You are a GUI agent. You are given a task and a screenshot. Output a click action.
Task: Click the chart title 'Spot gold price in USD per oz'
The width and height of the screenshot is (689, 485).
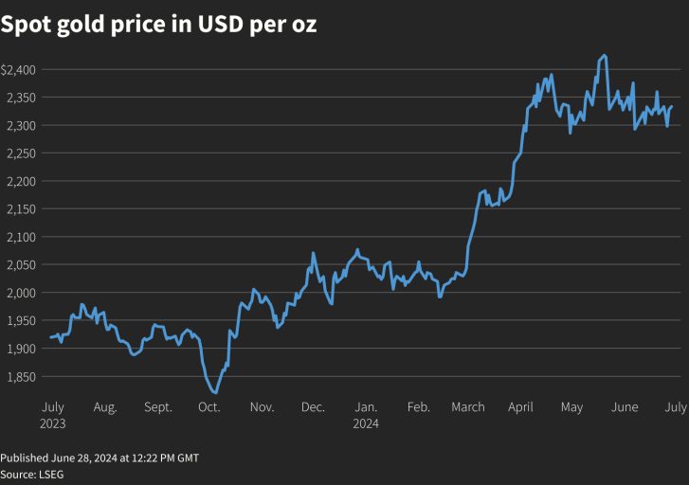coord(158,26)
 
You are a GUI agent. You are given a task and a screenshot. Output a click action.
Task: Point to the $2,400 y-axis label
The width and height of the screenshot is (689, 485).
coord(19,70)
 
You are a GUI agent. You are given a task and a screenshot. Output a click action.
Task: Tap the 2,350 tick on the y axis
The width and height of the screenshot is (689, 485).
coord(19,98)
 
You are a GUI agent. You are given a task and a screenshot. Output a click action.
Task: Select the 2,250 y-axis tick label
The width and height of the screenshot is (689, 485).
coord(19,153)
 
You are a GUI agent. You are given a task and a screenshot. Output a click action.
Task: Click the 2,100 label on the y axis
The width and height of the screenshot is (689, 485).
coord(19,237)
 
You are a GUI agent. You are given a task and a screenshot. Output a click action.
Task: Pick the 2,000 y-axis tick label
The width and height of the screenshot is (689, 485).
coord(19,293)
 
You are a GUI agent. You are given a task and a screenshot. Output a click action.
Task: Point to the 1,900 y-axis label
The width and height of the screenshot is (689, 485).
coord(19,349)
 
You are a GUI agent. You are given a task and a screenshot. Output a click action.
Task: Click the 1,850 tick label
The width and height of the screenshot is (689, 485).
coord(19,376)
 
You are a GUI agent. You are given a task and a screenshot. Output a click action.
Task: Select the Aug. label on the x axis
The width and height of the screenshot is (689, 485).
coord(105,407)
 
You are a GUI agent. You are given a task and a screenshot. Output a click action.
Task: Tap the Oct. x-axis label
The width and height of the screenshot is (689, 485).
coord(209,407)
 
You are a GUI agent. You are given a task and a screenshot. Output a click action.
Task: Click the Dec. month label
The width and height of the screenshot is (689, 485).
coord(313,407)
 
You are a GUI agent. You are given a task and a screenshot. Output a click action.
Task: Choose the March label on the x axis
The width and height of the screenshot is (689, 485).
coord(468,407)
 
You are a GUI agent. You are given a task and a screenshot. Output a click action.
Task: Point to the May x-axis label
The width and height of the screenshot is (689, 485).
coord(571,407)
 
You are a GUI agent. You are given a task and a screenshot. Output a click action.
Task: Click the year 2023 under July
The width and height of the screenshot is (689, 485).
coord(54,424)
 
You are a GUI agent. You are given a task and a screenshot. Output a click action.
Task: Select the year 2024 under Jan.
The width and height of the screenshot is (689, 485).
coord(365,424)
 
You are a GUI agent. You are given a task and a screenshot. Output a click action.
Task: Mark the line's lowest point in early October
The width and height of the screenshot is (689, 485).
coord(215,392)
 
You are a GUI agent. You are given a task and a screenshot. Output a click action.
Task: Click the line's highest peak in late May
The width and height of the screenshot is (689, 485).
coord(605,55)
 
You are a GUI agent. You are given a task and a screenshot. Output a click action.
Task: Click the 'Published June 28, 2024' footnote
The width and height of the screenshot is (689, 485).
coord(100,458)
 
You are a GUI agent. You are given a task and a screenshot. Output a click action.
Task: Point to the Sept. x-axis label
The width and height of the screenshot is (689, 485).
coord(158,407)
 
